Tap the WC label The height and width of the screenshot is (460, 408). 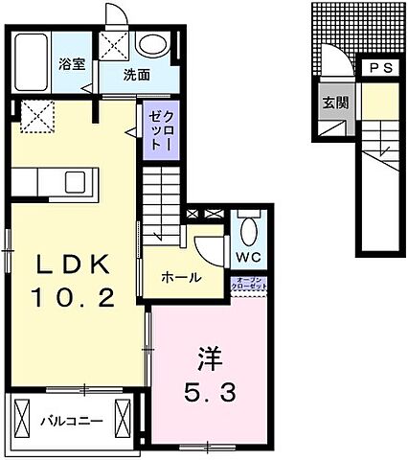[x=247, y=258]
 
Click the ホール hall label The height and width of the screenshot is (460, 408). [x=181, y=277]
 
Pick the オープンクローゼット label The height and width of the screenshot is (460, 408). [x=249, y=284]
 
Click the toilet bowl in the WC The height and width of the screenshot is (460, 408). [x=248, y=231]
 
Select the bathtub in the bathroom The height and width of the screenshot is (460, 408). [x=34, y=61]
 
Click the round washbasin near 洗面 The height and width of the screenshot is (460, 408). [x=149, y=44]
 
